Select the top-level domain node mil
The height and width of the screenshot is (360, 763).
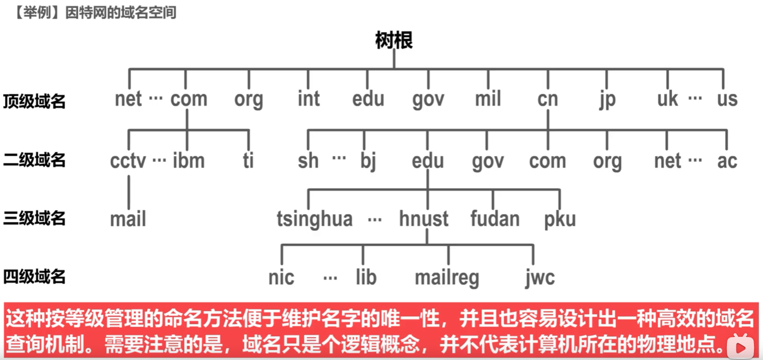click(487, 99)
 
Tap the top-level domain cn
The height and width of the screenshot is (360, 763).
click(548, 99)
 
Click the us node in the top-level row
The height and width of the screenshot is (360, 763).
click(727, 99)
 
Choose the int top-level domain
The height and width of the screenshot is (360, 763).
click(309, 99)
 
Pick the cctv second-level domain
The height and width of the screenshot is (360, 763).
click(128, 161)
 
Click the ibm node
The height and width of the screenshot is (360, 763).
click(188, 161)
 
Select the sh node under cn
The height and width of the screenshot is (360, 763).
click(308, 161)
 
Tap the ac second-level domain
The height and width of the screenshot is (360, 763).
click(727, 161)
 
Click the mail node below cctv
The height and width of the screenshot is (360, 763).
click(128, 219)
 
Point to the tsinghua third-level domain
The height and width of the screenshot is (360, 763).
click(315, 219)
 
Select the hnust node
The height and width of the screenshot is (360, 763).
click(424, 219)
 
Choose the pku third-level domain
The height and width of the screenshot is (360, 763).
click(560, 219)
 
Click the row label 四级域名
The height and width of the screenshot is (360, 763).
click(34, 276)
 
